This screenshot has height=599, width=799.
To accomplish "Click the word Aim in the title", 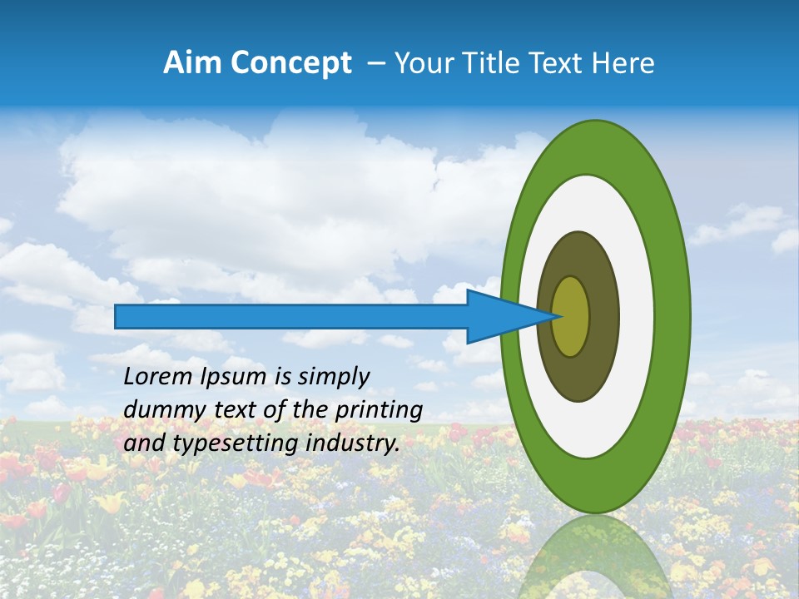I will tap(192, 63).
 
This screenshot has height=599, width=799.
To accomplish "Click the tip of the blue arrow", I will tap(560, 316).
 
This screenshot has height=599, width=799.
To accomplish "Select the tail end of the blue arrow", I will tap(118, 316).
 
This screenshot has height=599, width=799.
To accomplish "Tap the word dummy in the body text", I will tap(158, 410).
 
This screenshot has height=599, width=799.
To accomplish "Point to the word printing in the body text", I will tap(379, 410).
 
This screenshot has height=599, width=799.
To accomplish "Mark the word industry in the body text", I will tap(350, 443).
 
